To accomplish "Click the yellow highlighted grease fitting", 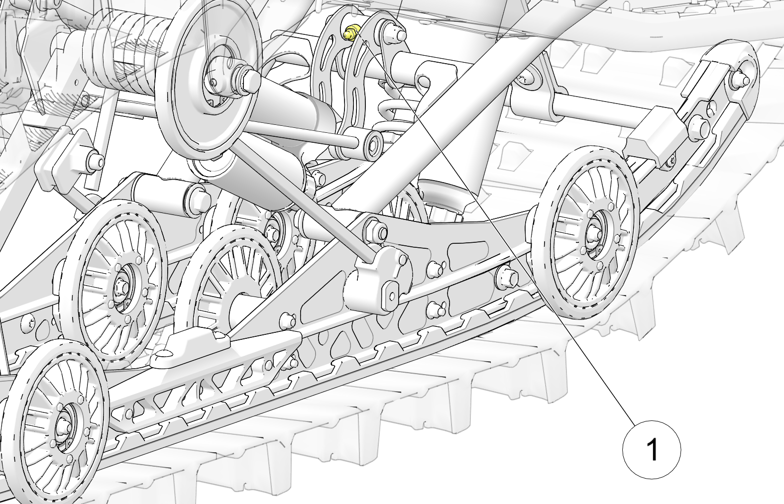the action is tap(350, 33).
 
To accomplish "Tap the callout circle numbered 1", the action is tap(652, 449).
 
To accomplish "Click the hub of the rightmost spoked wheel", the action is tap(593, 232).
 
